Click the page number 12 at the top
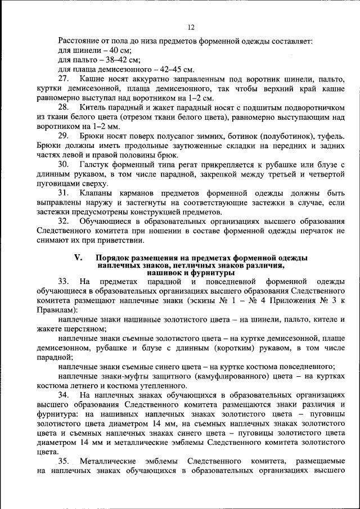click(x=191, y=27)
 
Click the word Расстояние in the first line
click(x=78, y=41)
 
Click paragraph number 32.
click(x=64, y=223)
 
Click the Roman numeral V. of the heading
click(x=79, y=258)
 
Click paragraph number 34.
click(x=64, y=396)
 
